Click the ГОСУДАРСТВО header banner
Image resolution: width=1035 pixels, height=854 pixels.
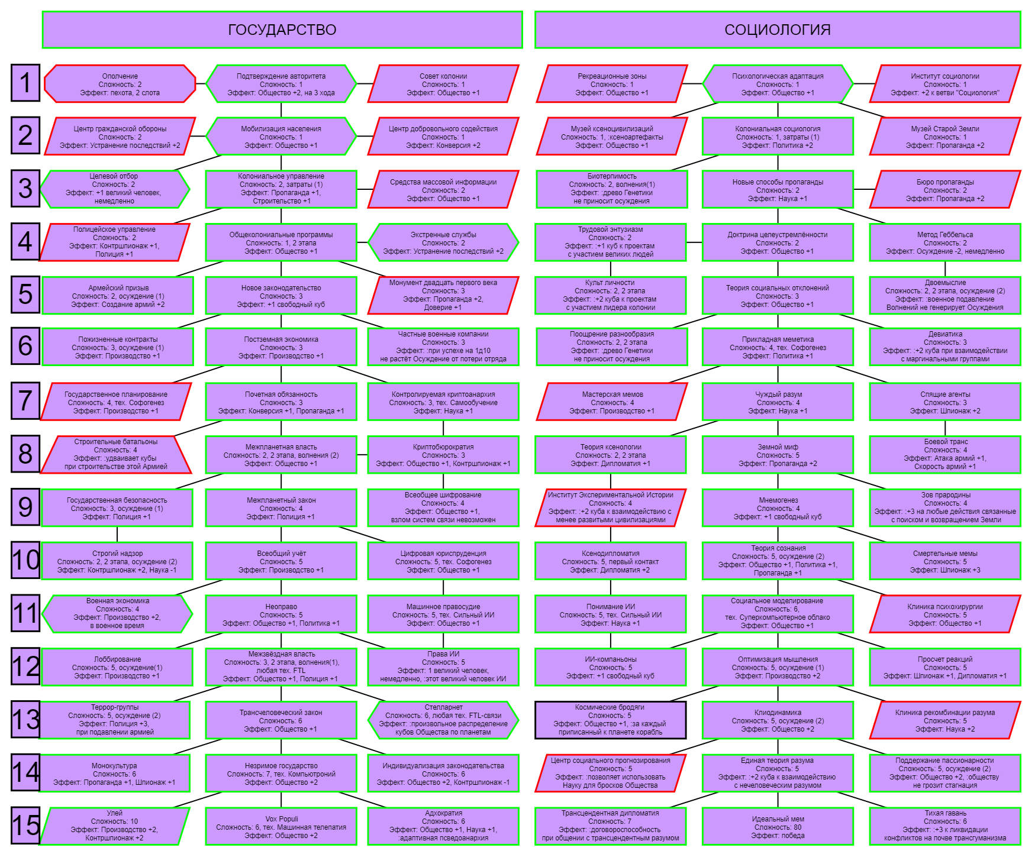[282, 30]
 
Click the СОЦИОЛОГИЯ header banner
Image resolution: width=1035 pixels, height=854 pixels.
[778, 30]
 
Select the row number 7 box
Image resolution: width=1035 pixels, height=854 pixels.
[25, 400]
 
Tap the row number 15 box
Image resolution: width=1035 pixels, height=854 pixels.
[25, 825]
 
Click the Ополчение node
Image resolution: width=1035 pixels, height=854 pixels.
[120, 84]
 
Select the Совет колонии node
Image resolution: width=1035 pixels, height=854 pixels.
[443, 84]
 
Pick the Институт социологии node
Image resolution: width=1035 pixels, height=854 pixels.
[945, 84]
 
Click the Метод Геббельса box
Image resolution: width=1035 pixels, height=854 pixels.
[945, 242]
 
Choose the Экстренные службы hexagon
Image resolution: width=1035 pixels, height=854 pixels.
[443, 242]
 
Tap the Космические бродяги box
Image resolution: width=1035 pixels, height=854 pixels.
[611, 720]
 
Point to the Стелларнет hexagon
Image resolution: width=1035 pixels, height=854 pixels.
[443, 720]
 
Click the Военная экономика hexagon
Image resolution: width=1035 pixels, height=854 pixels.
[118, 613]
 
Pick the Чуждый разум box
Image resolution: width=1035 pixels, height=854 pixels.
[778, 402]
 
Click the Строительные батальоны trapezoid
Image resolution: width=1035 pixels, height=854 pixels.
[116, 455]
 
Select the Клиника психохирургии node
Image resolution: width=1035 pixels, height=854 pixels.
[945, 613]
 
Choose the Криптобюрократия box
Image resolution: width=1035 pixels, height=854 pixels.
[443, 455]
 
